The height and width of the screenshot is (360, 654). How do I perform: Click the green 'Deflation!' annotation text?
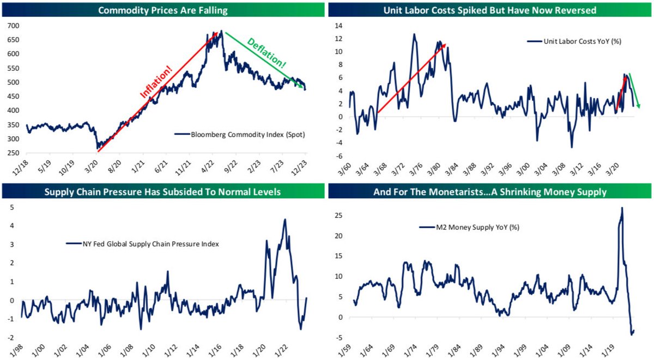tap(267, 53)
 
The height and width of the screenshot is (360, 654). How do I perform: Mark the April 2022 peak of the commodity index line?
tap(221, 32)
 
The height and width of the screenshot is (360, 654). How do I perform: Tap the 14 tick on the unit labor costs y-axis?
tap(339, 26)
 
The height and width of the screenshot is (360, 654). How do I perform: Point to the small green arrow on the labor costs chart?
tap(634, 90)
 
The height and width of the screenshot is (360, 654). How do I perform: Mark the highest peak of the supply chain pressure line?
tap(285, 219)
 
